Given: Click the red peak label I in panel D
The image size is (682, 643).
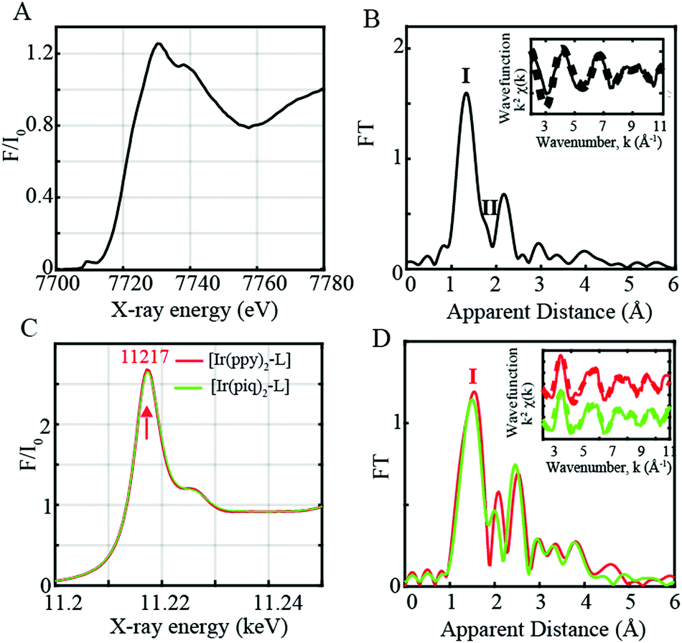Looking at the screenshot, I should [473, 377].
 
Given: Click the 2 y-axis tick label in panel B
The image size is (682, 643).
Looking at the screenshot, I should [391, 49].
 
